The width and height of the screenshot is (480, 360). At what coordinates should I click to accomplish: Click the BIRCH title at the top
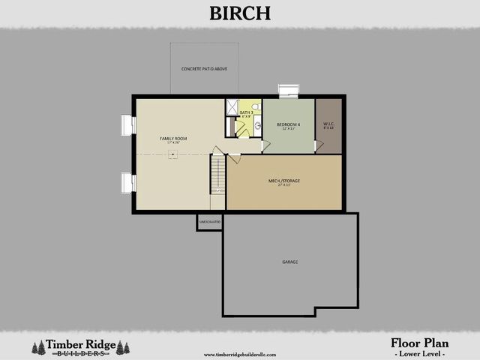pyautogui.click(x=240, y=13)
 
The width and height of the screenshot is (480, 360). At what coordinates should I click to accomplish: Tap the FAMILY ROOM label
pyautogui.click(x=172, y=139)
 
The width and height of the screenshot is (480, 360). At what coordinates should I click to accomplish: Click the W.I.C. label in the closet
pyautogui.click(x=328, y=124)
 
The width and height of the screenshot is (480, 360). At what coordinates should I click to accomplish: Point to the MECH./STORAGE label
pyautogui.click(x=284, y=181)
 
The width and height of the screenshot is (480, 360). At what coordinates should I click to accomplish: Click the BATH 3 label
pyautogui.click(x=246, y=113)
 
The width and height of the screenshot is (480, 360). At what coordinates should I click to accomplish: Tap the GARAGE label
pyautogui.click(x=289, y=262)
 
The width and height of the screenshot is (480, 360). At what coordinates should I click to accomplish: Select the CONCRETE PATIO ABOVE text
pyautogui.click(x=204, y=69)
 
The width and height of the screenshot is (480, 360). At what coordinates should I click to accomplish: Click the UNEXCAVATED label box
pyautogui.click(x=209, y=222)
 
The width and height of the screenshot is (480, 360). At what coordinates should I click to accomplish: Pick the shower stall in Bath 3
pyautogui.click(x=232, y=107)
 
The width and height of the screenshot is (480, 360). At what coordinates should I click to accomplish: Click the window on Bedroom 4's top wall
pyautogui.click(x=288, y=91)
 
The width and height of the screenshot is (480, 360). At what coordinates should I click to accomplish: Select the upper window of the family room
pyautogui.click(x=127, y=124)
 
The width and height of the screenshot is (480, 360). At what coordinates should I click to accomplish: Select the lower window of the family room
pyautogui.click(x=127, y=182)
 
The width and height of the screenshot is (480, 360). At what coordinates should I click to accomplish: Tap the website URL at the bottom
pyautogui.click(x=239, y=354)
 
